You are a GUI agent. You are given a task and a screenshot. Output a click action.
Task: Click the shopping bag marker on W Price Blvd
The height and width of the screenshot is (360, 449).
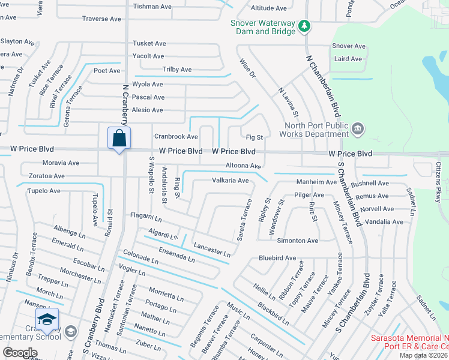point(119,138)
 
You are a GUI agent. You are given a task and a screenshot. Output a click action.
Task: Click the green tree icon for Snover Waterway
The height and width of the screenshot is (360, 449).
point(304,26)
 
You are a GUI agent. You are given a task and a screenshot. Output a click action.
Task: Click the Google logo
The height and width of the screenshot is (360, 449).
point(20,353)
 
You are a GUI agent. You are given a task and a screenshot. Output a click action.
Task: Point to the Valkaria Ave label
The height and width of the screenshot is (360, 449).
point(230,181)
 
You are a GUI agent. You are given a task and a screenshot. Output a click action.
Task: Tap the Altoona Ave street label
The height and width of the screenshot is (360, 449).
point(243,166)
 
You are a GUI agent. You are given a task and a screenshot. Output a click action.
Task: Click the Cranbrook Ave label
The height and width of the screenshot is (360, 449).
point(176,137)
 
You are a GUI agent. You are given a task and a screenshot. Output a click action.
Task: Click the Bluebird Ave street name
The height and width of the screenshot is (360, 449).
point(277,258)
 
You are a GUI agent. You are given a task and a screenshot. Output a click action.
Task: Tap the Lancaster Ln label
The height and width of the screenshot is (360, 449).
point(212,250)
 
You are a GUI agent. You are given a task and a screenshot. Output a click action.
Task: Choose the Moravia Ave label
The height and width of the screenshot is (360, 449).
point(61,163)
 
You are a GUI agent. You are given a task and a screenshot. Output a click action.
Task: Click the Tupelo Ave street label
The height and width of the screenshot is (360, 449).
point(43,191)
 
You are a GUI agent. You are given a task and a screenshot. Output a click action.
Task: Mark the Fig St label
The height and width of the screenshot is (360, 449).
point(255,137)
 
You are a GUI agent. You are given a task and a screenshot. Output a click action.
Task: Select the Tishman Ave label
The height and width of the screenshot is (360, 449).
point(153,7)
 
